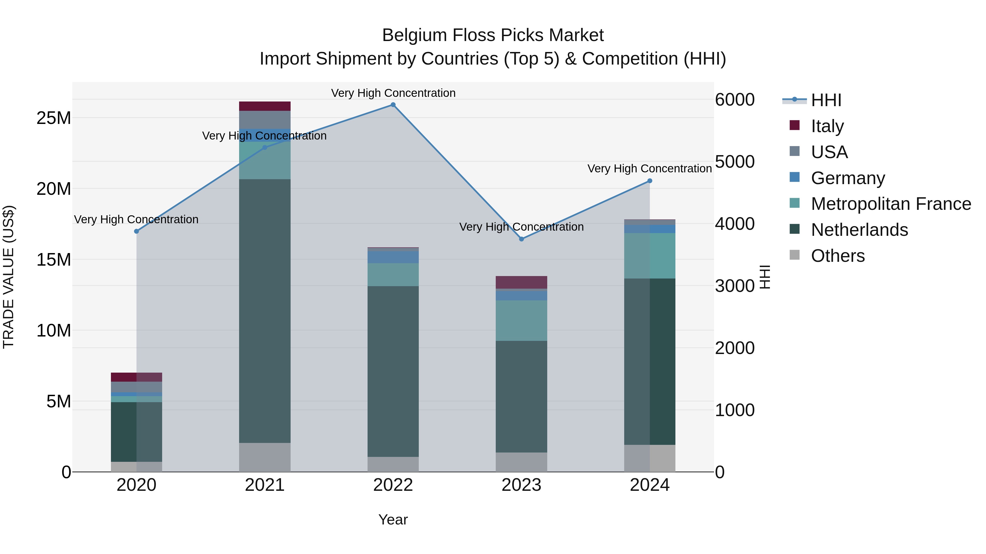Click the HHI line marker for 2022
coord(393,105)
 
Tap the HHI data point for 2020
coord(136,231)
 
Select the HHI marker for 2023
coord(521,239)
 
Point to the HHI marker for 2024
coord(650,181)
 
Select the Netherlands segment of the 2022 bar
coord(393,371)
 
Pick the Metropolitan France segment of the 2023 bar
coord(521,320)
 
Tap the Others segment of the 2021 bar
coord(265,457)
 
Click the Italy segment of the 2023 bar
coord(521,282)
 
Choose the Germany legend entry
coord(848,178)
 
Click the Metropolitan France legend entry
coord(891,204)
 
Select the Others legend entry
coord(838,256)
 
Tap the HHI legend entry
coord(826,100)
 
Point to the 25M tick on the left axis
coord(54,118)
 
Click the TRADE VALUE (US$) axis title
coord(8,277)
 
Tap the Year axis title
coord(393,520)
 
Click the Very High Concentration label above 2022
coord(393,93)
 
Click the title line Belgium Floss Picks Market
coord(493,35)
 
